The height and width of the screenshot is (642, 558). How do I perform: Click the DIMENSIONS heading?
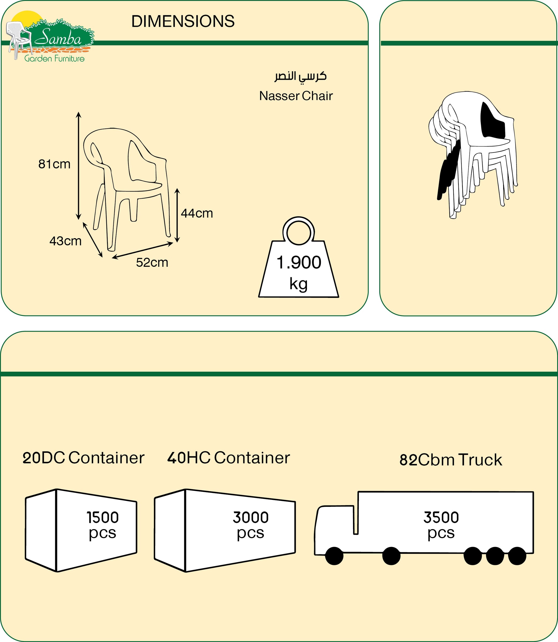coord(183,21)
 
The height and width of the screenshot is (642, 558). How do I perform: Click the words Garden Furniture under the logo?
coord(55,59)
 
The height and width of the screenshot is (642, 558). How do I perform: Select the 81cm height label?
coord(54,164)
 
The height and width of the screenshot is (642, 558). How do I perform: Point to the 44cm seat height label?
coord(197,213)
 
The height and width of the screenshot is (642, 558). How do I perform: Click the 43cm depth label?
coord(65,241)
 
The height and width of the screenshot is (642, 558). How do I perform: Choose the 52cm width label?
coord(152,263)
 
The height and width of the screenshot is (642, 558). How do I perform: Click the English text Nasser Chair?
coord(296,96)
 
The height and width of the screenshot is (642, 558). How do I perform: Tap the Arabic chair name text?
coord(300,77)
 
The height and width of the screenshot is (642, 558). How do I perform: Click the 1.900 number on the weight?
coord(299,262)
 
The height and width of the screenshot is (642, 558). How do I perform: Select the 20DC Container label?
coord(83,458)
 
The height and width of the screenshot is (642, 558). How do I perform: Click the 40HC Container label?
coord(229,458)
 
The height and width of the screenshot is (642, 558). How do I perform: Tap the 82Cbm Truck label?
coord(451,460)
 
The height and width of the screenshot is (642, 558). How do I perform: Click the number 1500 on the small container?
coord(103,518)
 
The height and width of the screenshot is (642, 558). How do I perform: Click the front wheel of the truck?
coord(334,556)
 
